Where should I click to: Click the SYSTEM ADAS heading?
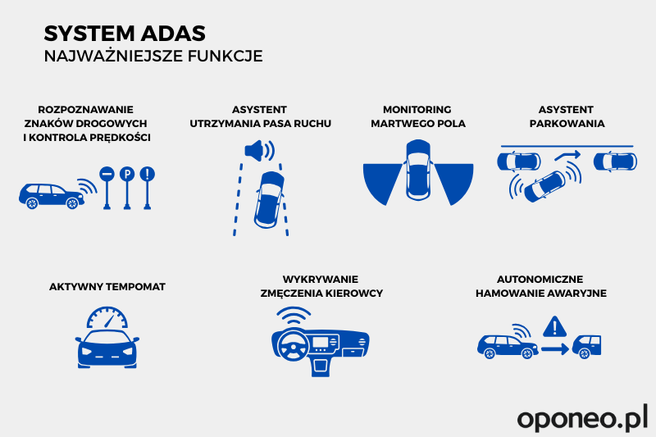(125, 34)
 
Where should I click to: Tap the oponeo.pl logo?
(582, 417)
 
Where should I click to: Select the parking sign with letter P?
(127, 188)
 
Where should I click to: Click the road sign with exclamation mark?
(148, 188)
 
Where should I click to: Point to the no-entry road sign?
(107, 188)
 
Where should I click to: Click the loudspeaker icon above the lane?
(259, 151)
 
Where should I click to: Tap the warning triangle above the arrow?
(555, 326)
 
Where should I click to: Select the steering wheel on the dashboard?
(293, 347)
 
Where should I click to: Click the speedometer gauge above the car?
(107, 318)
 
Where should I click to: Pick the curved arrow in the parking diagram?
(567, 155)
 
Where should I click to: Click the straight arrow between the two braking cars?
(555, 348)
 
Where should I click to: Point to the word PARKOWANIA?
(567, 124)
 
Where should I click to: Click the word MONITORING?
(417, 110)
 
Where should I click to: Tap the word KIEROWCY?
(358, 294)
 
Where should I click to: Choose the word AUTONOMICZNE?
(540, 279)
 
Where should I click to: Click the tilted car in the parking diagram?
(544, 186)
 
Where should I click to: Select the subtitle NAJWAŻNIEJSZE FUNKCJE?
(153, 56)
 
